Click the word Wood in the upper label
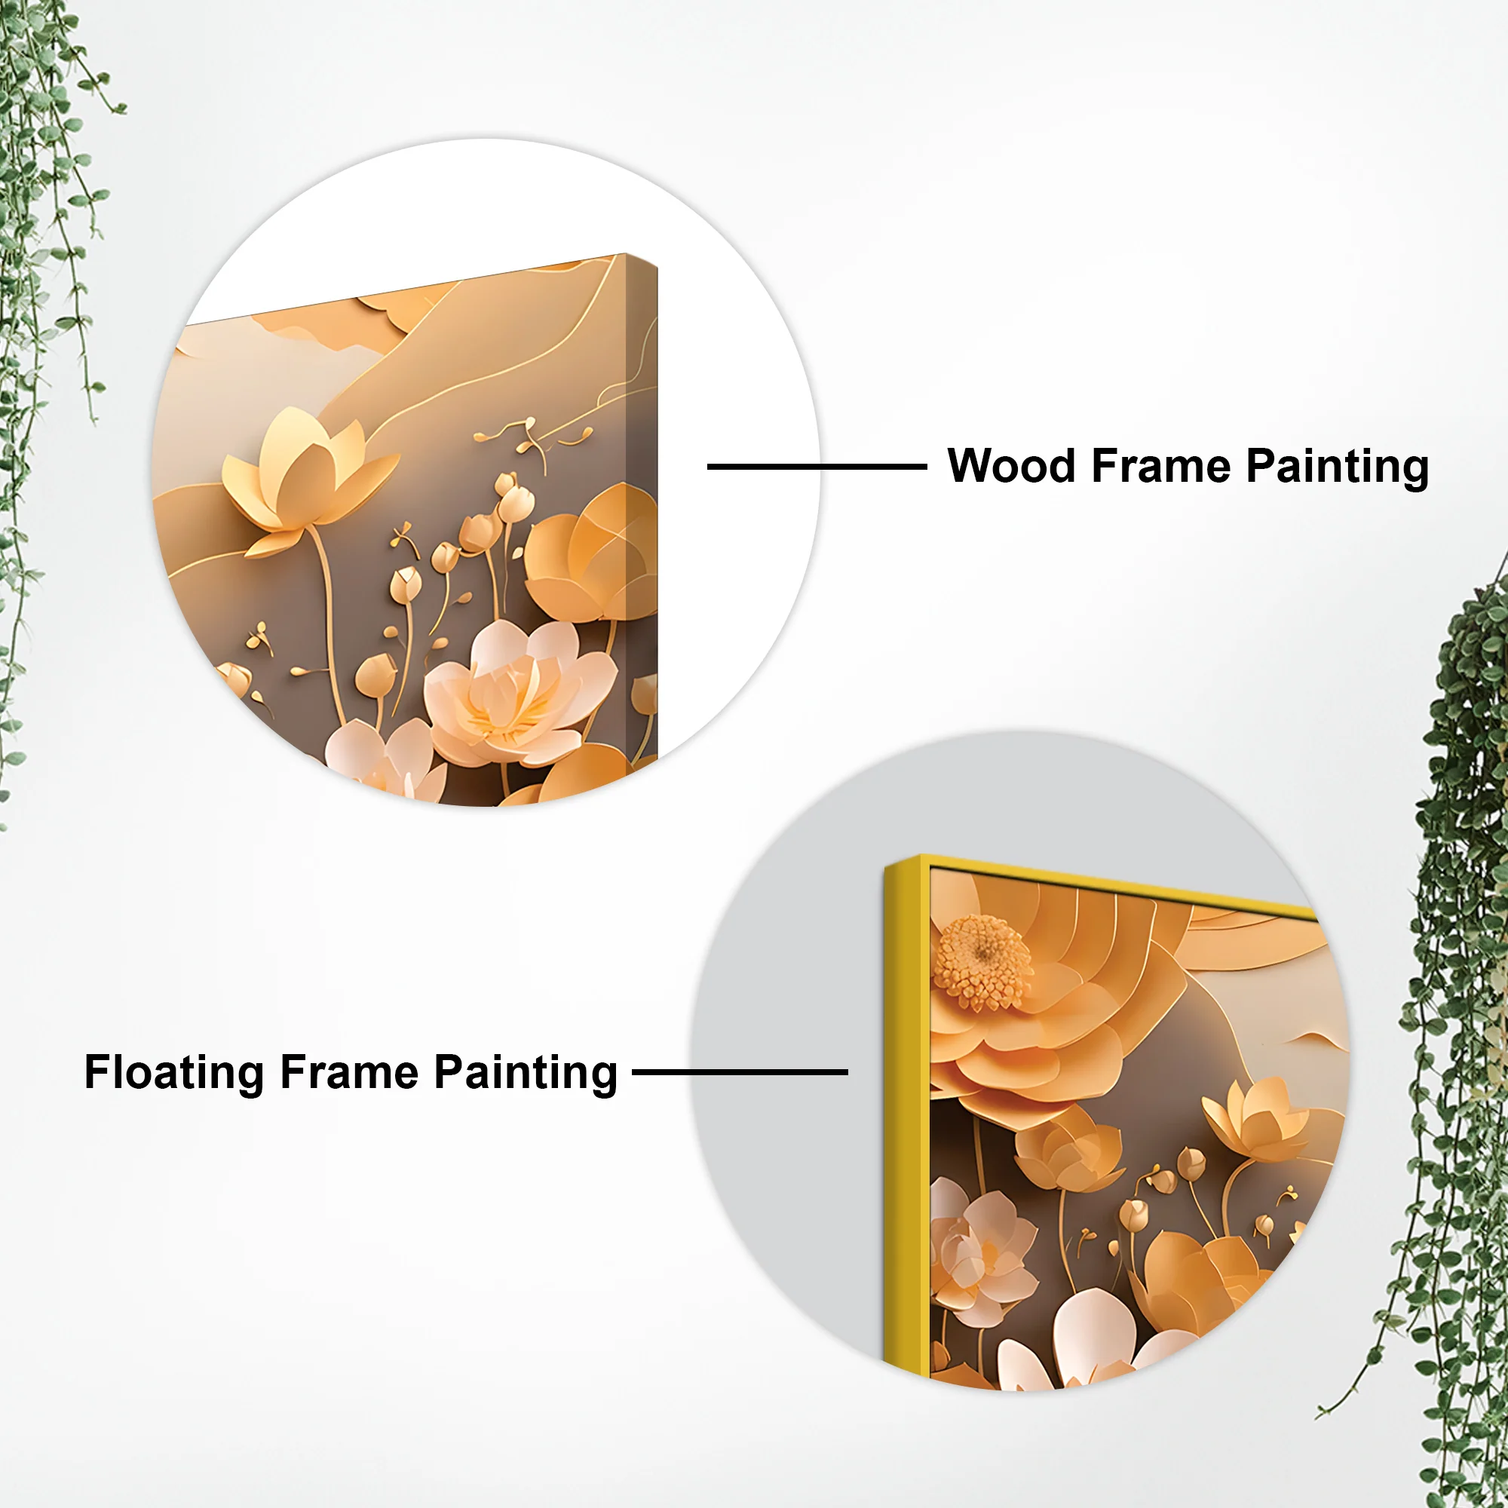click(1011, 466)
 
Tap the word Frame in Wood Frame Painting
click(1160, 466)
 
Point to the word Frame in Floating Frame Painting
click(349, 1071)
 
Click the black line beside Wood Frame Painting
click(817, 467)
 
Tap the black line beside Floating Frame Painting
click(739, 1072)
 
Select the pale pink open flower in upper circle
click(515, 691)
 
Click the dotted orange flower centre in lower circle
click(982, 962)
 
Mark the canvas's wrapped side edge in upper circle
click(642, 507)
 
